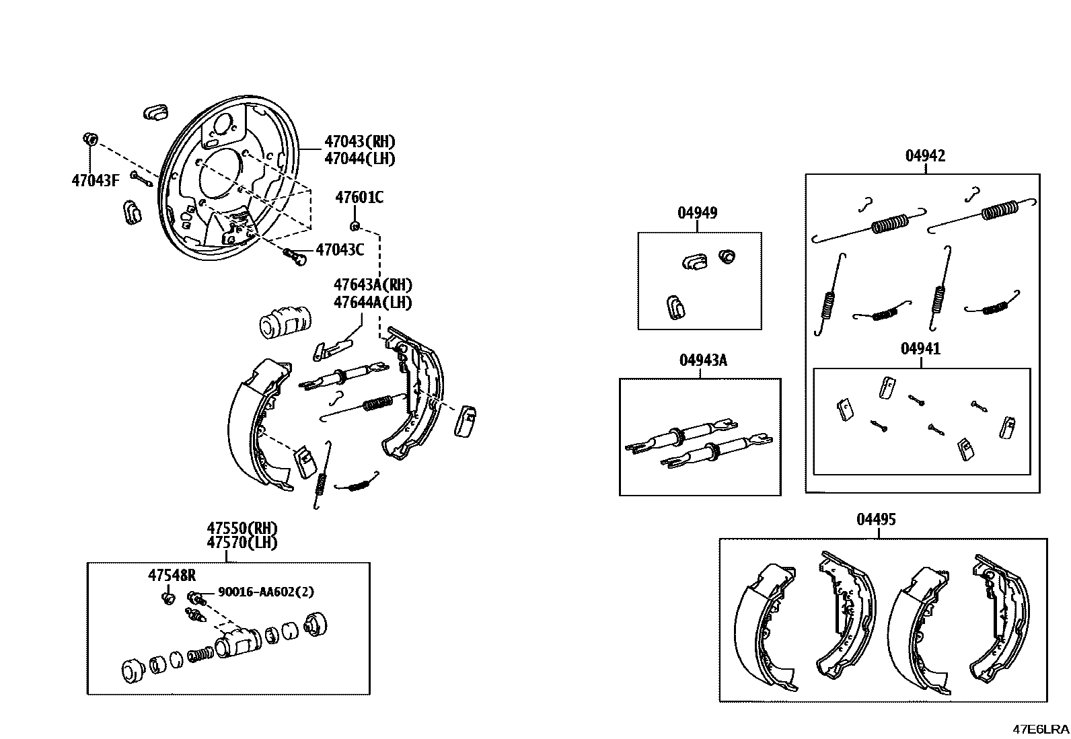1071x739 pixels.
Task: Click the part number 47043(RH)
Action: [x=360, y=141]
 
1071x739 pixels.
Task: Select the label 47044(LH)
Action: [x=360, y=158]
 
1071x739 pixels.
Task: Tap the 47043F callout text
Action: [x=95, y=180]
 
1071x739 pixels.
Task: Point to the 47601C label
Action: [x=359, y=197]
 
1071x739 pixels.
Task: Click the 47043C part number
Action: [x=340, y=249]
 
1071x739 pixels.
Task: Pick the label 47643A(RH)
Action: [x=373, y=285]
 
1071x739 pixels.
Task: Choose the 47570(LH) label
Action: [x=242, y=543]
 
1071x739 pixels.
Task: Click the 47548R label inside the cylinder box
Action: [x=172, y=575]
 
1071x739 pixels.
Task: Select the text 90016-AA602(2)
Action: [x=266, y=592]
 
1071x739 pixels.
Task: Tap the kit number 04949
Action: [x=697, y=212]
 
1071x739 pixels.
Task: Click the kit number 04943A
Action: [x=703, y=360]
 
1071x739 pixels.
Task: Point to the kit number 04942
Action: [x=925, y=155]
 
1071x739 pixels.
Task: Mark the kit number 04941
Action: [x=920, y=348]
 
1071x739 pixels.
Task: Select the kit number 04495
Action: [x=876, y=519]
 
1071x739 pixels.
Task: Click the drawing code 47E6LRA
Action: [x=1041, y=730]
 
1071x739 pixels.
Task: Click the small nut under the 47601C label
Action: [x=355, y=226]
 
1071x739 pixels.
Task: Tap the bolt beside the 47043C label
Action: [x=295, y=256]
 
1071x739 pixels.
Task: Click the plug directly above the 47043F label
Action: [x=90, y=139]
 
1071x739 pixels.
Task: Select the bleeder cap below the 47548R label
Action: [x=168, y=598]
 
